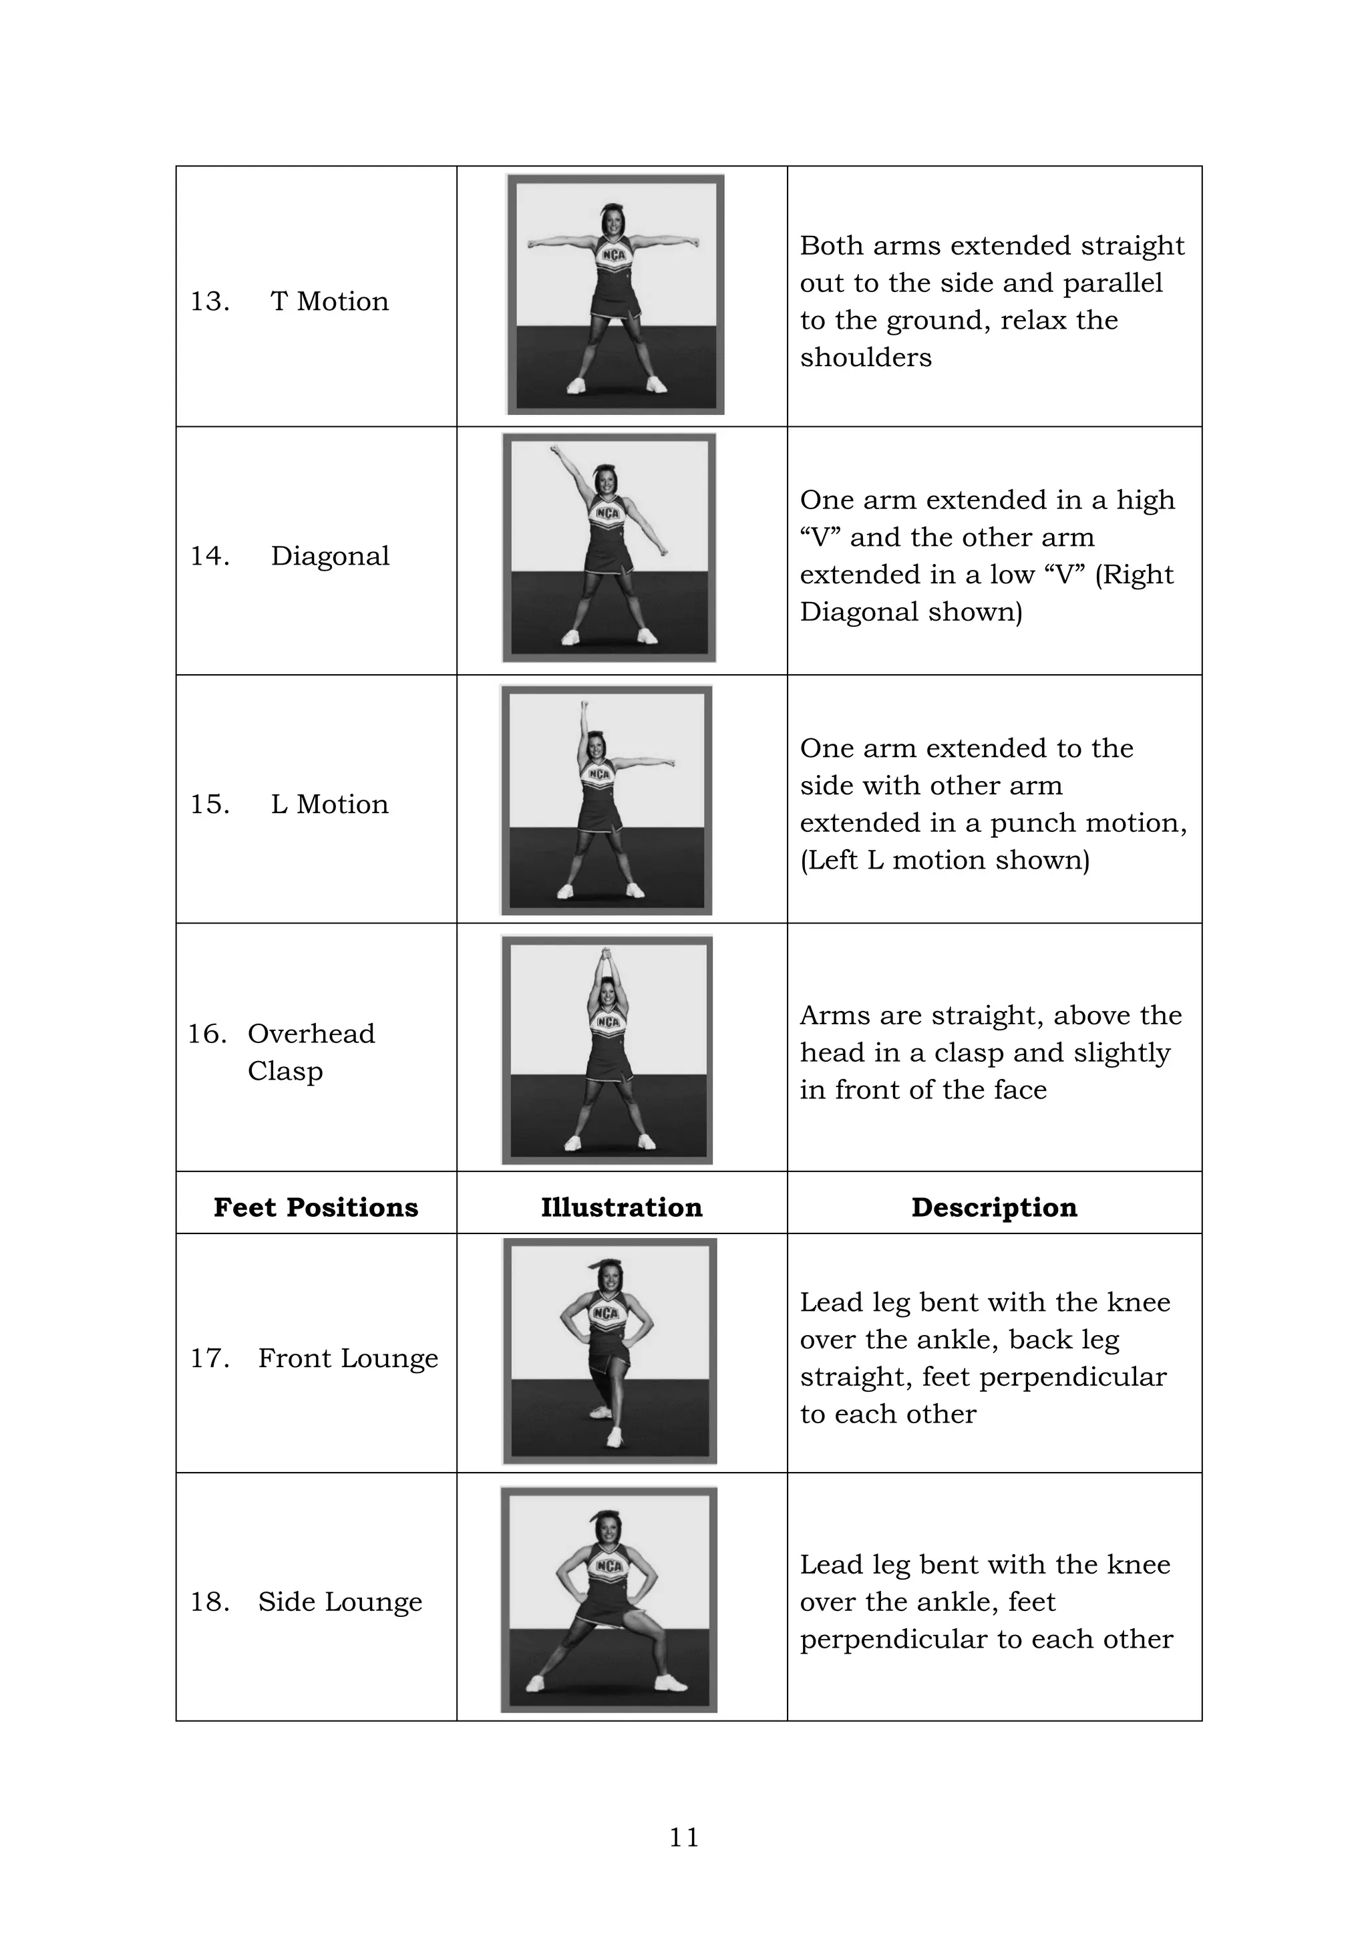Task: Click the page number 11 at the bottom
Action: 683,1836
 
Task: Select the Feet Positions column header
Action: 316,1207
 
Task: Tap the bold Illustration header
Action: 622,1207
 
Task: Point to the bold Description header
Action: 994,1207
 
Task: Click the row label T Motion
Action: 329,301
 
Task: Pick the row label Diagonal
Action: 330,555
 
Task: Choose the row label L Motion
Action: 329,804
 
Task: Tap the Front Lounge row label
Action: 348,1358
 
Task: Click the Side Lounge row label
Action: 340,1602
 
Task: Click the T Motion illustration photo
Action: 616,294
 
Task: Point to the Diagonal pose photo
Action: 609,548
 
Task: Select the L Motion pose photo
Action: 607,800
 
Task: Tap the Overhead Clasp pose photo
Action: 607,1050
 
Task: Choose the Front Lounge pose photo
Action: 610,1351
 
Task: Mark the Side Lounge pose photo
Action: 609,1600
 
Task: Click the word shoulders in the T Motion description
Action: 866,357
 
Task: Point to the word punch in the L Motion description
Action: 1033,823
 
